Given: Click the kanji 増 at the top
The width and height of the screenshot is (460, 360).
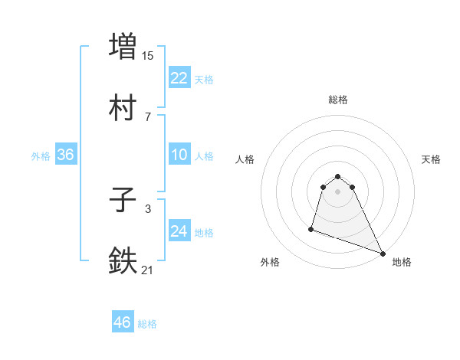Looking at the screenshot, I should (123, 45).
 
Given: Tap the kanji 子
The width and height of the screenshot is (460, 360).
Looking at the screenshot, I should (123, 201).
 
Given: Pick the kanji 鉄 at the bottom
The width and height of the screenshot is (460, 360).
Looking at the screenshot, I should (123, 261).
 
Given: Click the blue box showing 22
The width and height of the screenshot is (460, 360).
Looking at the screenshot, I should (179, 78).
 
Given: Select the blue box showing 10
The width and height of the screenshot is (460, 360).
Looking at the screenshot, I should (179, 155).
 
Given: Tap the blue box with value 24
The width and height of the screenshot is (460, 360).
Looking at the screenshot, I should (179, 231).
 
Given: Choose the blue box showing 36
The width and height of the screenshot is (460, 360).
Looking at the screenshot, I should (65, 155).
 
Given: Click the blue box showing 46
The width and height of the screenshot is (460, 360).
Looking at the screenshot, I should (122, 322).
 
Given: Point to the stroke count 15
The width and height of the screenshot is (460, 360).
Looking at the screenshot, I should (148, 55).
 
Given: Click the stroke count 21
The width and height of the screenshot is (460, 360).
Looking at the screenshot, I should (148, 270).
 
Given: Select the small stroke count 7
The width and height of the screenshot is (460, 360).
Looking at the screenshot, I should (147, 116).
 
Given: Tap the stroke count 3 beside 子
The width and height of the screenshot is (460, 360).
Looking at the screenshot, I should (147, 208).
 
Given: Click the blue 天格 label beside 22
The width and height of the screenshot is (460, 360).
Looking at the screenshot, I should (204, 79).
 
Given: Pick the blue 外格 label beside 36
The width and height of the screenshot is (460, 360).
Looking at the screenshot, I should (41, 156).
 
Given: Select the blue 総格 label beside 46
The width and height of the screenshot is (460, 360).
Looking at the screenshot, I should (147, 323).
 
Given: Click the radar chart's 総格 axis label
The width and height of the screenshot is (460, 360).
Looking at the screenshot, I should (337, 100).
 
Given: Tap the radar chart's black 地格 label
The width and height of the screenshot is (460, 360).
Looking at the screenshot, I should (402, 262).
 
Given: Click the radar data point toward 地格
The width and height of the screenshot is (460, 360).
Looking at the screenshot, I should (382, 253).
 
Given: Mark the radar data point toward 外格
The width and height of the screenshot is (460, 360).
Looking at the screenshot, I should (311, 228).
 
